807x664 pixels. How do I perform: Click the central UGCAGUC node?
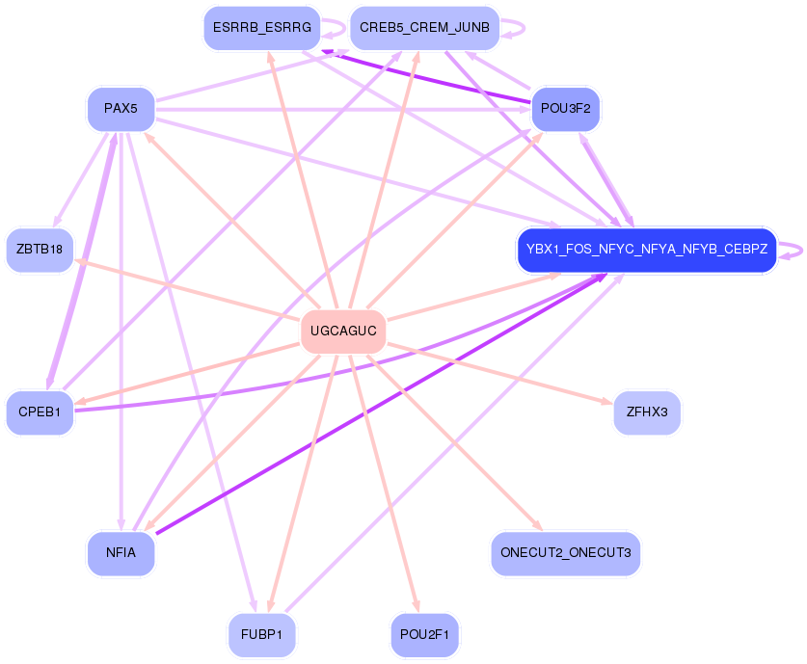point(343,332)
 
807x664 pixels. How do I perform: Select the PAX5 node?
point(121,109)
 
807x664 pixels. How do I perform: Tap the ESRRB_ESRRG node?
point(260,28)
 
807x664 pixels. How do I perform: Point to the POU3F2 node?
point(565,109)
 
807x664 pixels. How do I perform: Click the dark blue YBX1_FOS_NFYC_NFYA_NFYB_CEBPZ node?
point(646,251)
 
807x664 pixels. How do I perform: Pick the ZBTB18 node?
point(40,251)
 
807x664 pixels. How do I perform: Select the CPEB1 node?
point(40,412)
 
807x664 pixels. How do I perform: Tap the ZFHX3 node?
point(647,412)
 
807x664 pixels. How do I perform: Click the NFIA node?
point(121,554)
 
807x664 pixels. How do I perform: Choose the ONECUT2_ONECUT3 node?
point(565,554)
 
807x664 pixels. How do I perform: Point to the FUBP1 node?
point(261,635)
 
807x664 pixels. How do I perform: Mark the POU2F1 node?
point(424,635)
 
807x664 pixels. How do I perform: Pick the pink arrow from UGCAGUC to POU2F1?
point(385,482)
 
